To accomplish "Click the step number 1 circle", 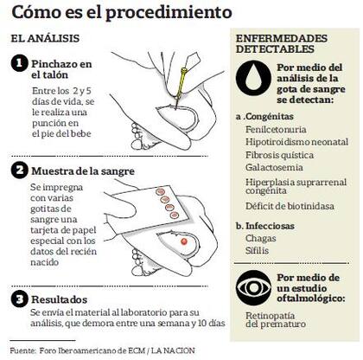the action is [x=19, y=63].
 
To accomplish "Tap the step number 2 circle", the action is [x=19, y=170].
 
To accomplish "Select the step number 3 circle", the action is [x=19, y=299].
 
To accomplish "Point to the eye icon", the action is [x=253, y=288].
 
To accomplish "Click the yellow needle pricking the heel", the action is [x=181, y=87].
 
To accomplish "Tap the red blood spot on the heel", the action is [x=184, y=241].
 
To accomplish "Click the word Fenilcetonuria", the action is [x=276, y=129].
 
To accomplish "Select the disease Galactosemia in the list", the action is [x=274, y=167].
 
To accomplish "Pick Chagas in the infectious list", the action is [x=261, y=239].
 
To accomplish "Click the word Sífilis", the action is [x=257, y=250].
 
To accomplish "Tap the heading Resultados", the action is [x=60, y=299].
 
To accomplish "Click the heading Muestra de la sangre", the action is [x=83, y=171].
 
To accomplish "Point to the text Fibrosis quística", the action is [x=279, y=155].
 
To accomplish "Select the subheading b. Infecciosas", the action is [x=265, y=226].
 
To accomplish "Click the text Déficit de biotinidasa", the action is [x=290, y=206].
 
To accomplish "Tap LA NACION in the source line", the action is [x=173, y=350].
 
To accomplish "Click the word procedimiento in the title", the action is [x=169, y=13].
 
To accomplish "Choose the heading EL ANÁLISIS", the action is [x=45, y=38].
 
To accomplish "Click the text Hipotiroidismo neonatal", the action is [x=296, y=142].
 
